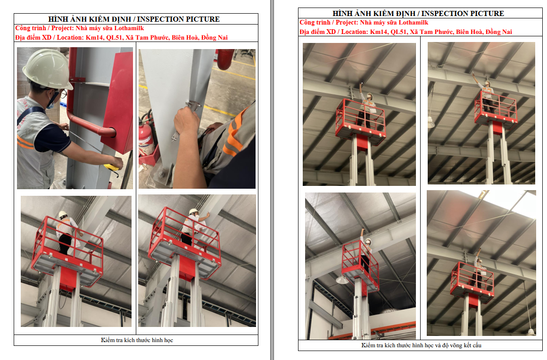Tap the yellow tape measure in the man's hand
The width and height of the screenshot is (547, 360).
[x=112, y=167]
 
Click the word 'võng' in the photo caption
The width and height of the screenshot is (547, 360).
[x=456, y=345]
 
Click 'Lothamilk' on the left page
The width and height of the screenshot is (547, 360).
[x=129, y=28]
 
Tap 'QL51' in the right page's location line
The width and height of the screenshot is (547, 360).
[x=399, y=32]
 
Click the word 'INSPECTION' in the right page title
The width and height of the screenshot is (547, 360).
[x=443, y=14]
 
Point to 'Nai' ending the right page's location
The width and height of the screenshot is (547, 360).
[x=507, y=32]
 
